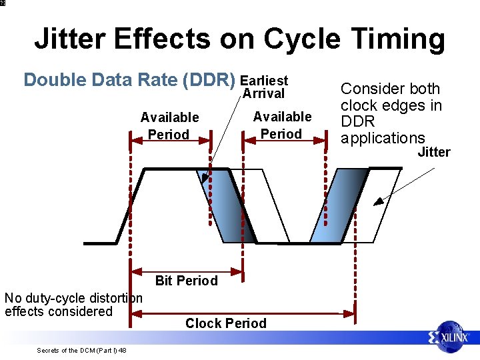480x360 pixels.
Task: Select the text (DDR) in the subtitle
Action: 208,80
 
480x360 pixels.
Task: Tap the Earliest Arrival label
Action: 264,87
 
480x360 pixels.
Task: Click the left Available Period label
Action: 169,126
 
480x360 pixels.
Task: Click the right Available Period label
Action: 282,125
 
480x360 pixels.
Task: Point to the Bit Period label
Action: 186,281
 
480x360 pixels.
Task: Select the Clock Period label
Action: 225,323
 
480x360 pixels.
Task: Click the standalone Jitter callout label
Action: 433,152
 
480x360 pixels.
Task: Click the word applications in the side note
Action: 383,138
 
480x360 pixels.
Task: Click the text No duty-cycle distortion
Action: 73,298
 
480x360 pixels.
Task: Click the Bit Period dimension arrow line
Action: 186,271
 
